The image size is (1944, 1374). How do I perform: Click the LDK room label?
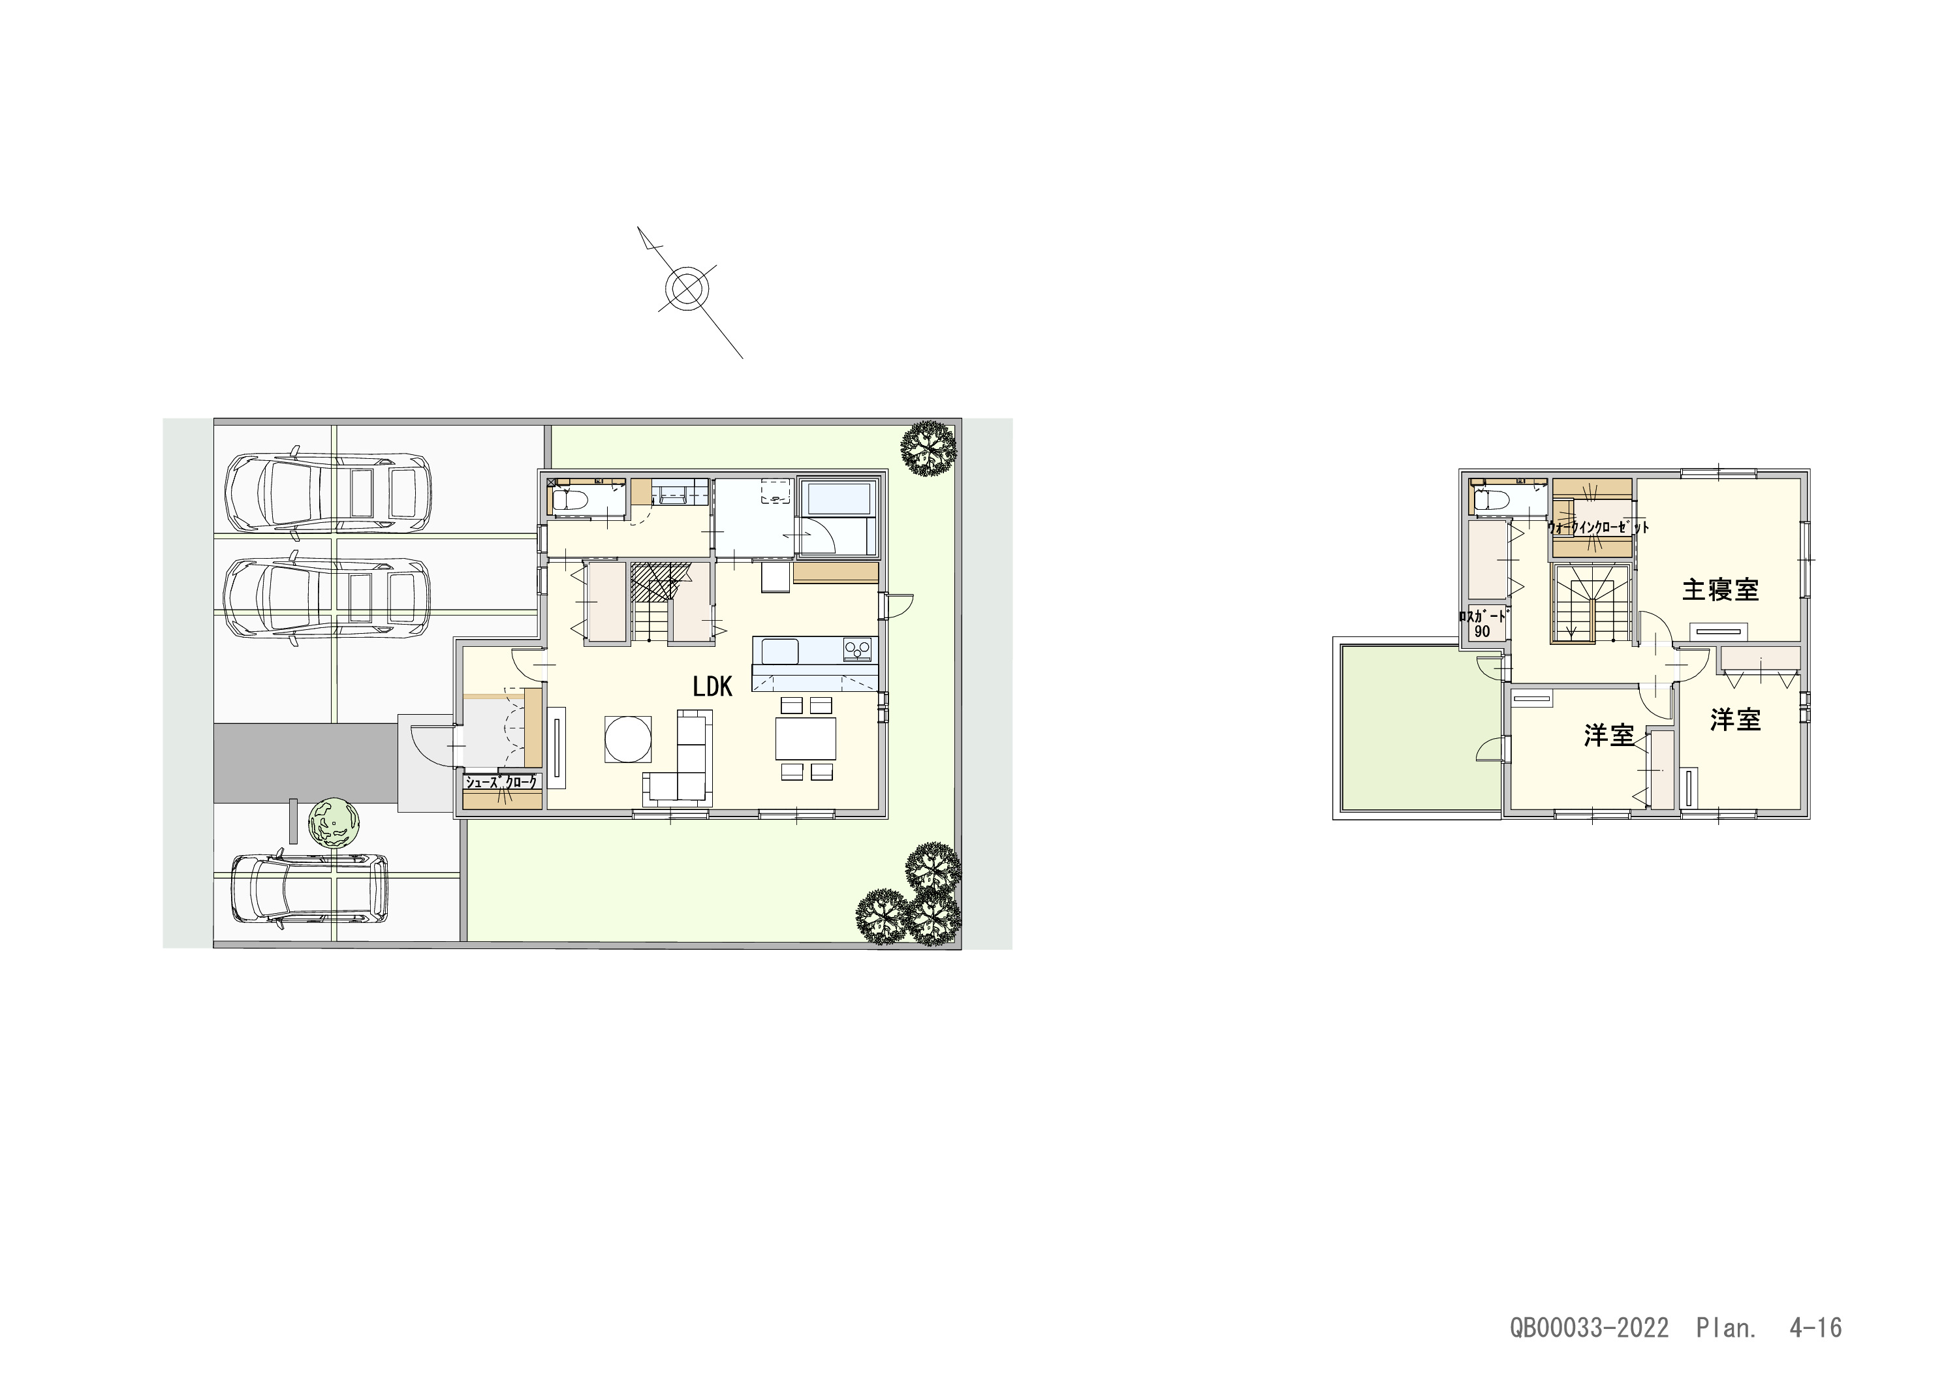tap(712, 687)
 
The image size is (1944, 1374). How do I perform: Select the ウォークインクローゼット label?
tap(1599, 527)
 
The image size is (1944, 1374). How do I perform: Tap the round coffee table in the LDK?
tap(628, 739)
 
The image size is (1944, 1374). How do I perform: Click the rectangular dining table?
tap(806, 738)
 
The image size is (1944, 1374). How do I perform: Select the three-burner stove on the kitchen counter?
tap(858, 650)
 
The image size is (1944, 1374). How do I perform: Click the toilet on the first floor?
tap(569, 499)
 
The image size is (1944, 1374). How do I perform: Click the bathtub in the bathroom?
tap(836, 510)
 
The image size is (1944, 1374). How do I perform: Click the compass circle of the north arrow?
tap(687, 289)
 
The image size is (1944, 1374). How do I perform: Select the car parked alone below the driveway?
tap(310, 888)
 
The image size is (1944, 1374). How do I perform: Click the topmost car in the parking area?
tap(328, 493)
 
